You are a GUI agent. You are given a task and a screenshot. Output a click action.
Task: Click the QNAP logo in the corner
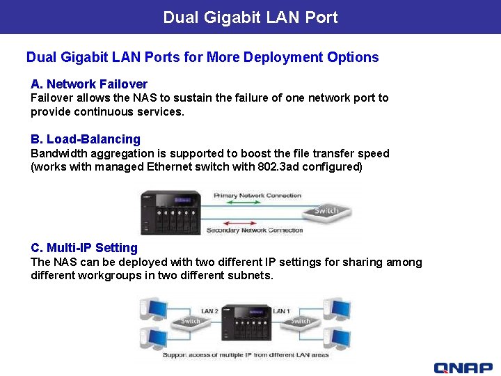pos(463,368)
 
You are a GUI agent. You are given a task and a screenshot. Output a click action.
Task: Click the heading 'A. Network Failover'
pos(89,84)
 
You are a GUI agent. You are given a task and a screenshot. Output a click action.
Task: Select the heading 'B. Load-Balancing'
pos(86,139)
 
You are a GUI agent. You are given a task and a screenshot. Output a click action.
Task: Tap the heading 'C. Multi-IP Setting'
pos(84,248)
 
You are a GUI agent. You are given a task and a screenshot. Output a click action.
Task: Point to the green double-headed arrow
pos(257,204)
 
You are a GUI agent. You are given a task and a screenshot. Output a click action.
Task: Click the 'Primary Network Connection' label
pos(257,196)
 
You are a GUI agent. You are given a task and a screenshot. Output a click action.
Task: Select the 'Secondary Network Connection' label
pos(255,230)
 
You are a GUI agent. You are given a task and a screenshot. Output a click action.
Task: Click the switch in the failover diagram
pos(326,212)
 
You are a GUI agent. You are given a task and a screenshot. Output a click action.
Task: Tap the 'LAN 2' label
pos(209,311)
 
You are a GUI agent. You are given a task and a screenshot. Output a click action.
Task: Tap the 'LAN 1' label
pos(282,311)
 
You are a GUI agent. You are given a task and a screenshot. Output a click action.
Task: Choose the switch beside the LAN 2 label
pos(191,321)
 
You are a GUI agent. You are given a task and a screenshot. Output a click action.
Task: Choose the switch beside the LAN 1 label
pos(301,321)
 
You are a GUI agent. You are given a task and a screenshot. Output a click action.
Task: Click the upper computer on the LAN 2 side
pos(153,308)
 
